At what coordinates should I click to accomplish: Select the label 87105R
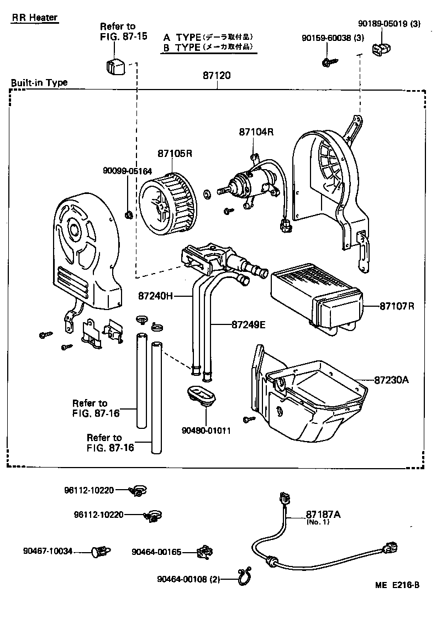[174, 153]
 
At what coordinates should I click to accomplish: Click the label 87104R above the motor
[256, 133]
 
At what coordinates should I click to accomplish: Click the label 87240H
[156, 296]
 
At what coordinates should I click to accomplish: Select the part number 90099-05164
[127, 171]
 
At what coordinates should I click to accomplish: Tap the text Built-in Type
[39, 82]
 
